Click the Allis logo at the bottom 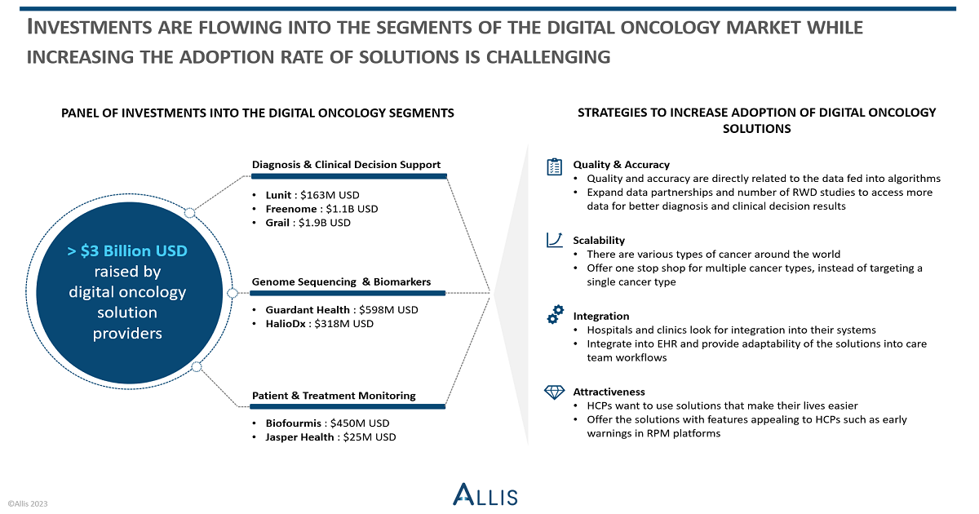485,494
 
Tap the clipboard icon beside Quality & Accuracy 554,166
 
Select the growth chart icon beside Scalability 554,240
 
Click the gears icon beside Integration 555,314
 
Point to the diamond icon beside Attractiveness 554,392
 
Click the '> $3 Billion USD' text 127,251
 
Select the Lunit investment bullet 312,195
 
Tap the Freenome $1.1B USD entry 321,209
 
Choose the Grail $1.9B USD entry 308,223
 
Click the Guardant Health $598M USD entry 341,310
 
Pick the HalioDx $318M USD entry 320,324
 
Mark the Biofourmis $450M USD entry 327,423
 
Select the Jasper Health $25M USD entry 330,437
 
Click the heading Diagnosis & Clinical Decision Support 346,165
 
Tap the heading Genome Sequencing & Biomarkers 341,282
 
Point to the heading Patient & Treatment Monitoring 334,396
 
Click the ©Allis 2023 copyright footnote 28,504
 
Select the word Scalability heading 599,241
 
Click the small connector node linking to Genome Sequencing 233,293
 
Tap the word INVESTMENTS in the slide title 89,27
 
